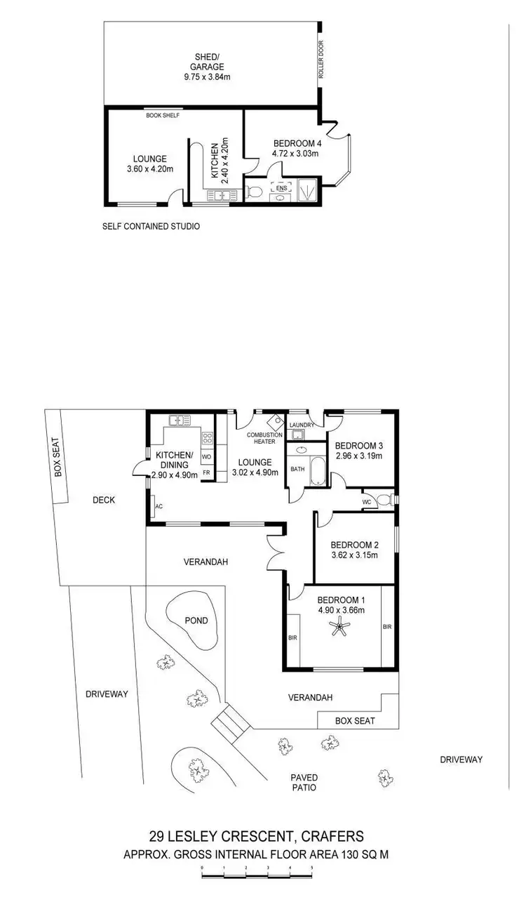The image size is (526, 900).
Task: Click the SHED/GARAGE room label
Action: [x=210, y=62]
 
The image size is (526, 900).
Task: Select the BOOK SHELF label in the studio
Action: [x=163, y=114]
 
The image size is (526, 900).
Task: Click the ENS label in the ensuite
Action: [x=282, y=188]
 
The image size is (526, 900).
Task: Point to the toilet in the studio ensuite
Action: [x=255, y=192]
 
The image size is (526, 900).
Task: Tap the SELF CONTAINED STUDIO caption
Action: [x=151, y=227]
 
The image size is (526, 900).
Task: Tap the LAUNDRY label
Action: [x=302, y=424]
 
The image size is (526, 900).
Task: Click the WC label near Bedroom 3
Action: [x=366, y=502]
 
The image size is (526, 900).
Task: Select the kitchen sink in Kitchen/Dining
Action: [x=179, y=421]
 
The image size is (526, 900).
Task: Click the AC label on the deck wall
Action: [x=159, y=505]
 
